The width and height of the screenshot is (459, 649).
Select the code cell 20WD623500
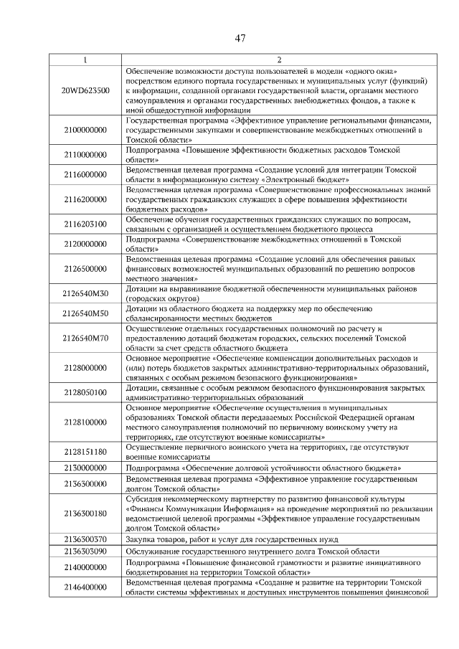pos(85,91)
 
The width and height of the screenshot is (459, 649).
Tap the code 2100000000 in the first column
pos(85,131)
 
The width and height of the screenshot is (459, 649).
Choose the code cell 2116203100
pos(85,224)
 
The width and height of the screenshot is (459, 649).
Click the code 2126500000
pos(85,268)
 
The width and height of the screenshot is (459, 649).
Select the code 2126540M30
pos(85,293)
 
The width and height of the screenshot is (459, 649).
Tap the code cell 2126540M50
pos(85,313)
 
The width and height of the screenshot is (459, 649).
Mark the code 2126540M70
pos(85,338)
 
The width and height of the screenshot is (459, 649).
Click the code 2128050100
pos(85,392)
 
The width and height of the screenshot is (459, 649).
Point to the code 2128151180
pos(85,452)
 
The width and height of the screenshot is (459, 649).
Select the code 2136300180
pos(85,513)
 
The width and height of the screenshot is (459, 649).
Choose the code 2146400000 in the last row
pos(85,587)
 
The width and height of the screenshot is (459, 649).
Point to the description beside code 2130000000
pos(262,467)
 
